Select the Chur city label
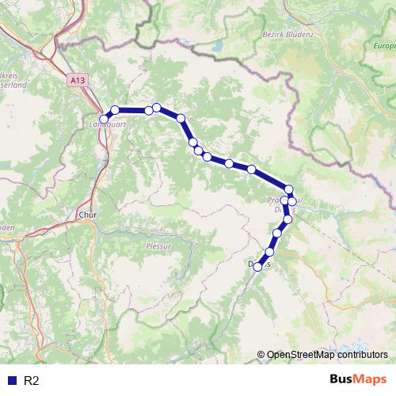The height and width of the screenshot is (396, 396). click(86, 214)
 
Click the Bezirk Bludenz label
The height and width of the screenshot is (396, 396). click(287, 35)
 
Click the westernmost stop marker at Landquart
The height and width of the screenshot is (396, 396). click(104, 119)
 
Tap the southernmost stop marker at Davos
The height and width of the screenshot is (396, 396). click(257, 268)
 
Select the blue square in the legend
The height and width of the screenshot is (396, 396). click(11, 381)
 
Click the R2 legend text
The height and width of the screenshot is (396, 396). click(32, 381)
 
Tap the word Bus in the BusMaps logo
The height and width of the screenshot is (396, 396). click(343, 380)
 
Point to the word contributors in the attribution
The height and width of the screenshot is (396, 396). click(360, 355)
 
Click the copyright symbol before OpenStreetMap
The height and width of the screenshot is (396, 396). click(261, 355)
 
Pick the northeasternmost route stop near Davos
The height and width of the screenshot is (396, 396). click(289, 189)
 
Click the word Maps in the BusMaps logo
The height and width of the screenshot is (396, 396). click(371, 380)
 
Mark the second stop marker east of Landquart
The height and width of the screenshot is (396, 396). click(149, 110)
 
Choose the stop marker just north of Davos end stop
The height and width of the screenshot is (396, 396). click(269, 252)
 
